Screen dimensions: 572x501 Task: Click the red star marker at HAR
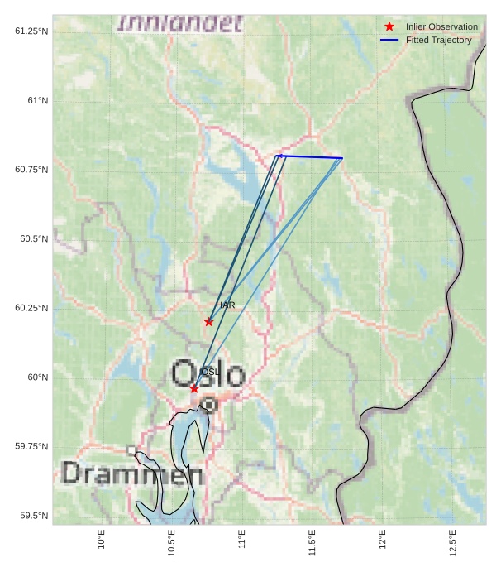[208, 322]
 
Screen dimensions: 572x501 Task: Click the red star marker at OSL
[194, 388]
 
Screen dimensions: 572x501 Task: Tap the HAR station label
[226, 305]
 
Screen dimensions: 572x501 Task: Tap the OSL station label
[210, 372]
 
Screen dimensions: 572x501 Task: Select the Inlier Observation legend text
[441, 26]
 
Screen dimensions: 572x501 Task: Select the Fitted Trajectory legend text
[438, 40]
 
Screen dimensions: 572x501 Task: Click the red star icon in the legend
[389, 26]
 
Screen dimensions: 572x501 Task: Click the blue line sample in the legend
[389, 40]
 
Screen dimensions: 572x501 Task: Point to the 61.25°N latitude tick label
[31, 31]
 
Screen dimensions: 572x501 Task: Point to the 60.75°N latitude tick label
[31, 170]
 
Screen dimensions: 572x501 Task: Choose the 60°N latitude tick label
[36, 377]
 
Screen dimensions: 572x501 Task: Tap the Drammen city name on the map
[132, 474]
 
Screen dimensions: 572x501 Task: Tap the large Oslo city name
[208, 374]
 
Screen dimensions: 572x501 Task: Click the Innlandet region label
[180, 23]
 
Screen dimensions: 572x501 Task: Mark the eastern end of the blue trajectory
[342, 158]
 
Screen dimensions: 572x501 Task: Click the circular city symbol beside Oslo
[209, 405]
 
